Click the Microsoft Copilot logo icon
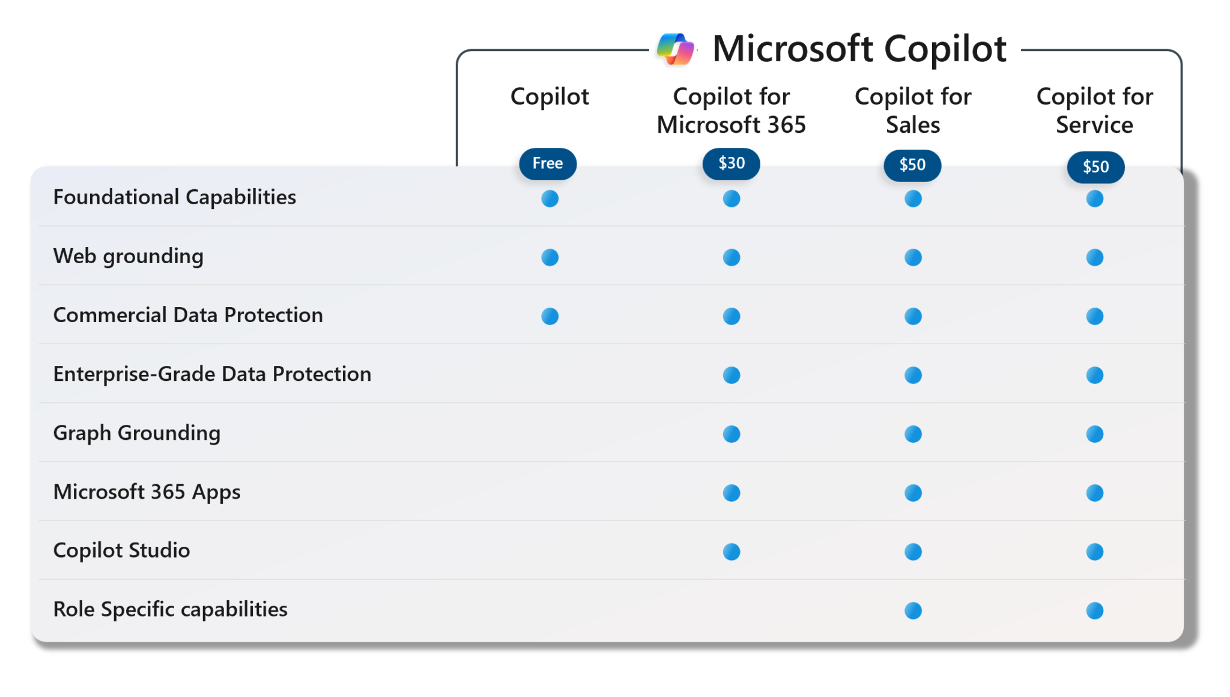[676, 49]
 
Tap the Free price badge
[548, 163]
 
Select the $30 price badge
[731, 163]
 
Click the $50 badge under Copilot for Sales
[912, 165]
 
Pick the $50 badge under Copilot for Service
[1095, 167]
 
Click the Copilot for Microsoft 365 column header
[731, 111]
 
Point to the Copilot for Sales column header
[913, 111]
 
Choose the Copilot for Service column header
[1094, 111]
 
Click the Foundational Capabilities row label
[174, 197]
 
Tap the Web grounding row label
[128, 256]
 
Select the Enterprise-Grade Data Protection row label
[212, 374]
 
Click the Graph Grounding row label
[136, 433]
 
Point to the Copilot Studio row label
[121, 550]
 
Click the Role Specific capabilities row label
[170, 609]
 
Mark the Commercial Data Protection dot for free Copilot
[550, 316]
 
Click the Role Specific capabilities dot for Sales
[913, 610]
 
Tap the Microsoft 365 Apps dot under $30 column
[732, 493]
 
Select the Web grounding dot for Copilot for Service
[1095, 257]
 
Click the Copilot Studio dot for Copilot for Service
[1095, 552]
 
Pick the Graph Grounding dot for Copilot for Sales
[913, 434]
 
